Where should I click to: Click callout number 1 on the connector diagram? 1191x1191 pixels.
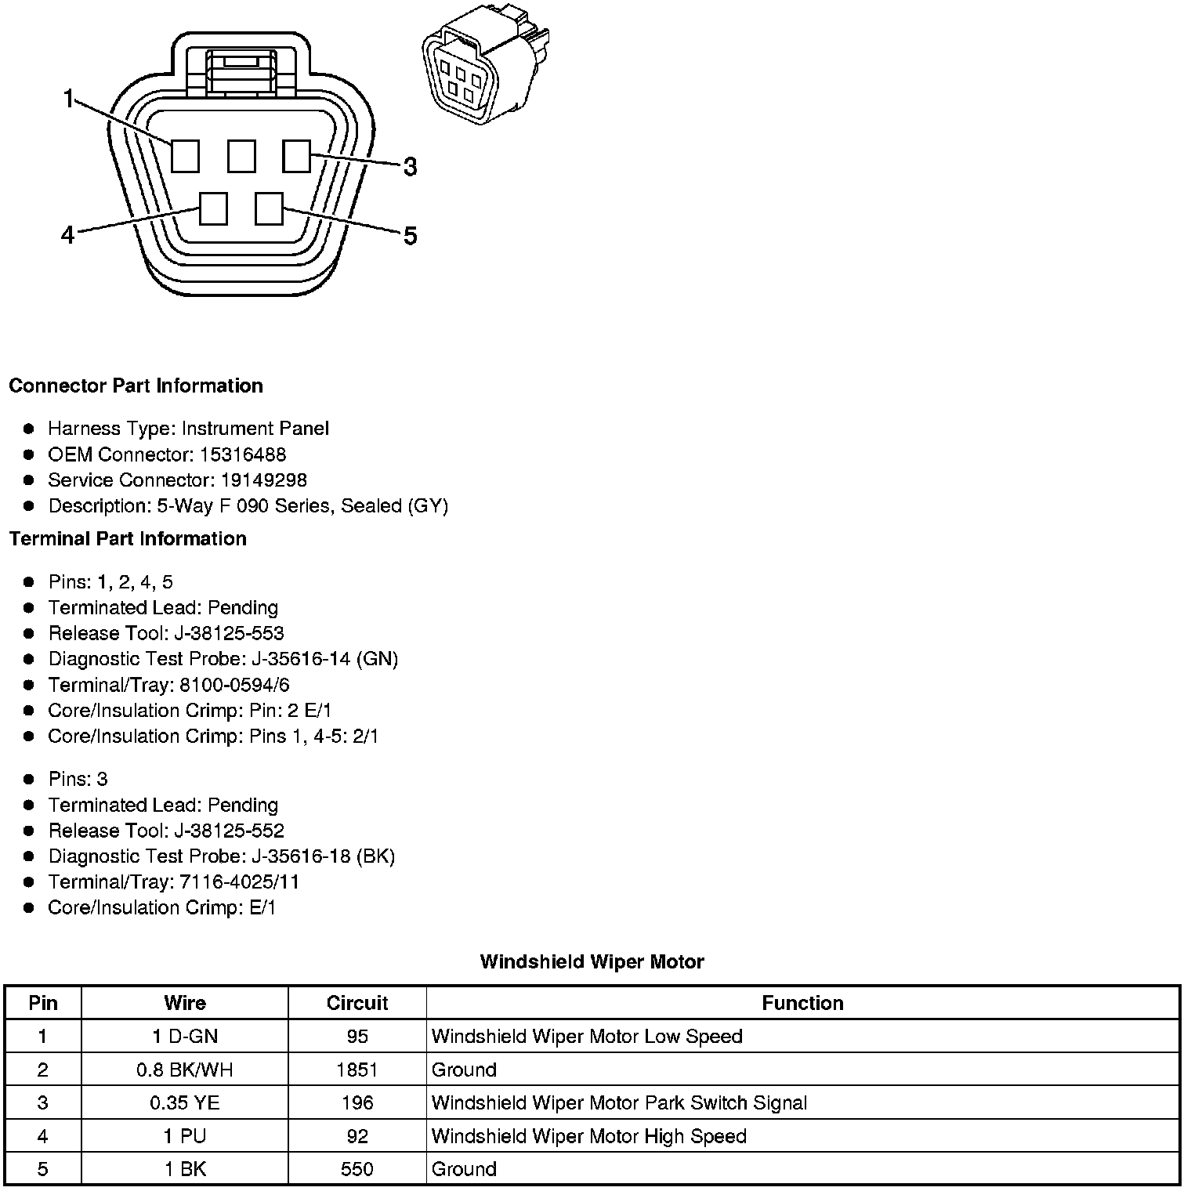[69, 99]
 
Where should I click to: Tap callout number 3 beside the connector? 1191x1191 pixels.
[410, 167]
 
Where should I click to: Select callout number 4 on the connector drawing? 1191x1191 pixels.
[68, 234]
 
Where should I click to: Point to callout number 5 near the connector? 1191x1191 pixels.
[410, 236]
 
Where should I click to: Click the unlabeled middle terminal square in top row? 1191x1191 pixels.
[241, 156]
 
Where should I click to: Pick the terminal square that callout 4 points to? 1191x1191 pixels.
[213, 209]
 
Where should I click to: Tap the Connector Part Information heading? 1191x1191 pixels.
[136, 386]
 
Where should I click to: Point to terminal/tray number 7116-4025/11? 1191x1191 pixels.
[239, 882]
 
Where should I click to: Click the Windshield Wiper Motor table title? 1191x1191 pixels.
[592, 961]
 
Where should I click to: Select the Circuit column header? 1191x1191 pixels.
[357, 1003]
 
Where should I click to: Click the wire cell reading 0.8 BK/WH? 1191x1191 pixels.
[185, 1070]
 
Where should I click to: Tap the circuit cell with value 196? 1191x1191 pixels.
[357, 1103]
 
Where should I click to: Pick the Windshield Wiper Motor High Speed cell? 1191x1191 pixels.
[588, 1136]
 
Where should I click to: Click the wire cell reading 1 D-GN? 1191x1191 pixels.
[185, 1037]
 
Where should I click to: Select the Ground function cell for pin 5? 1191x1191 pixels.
[464, 1169]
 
